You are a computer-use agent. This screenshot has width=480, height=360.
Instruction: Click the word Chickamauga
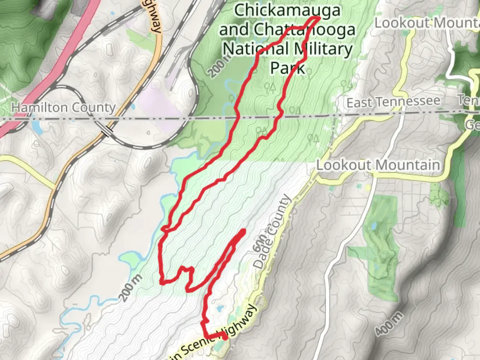click(x=287, y=11)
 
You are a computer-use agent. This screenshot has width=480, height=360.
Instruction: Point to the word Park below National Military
click(x=287, y=68)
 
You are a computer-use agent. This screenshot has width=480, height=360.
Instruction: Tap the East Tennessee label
click(x=393, y=102)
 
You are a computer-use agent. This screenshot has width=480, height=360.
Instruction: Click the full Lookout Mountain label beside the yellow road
click(x=378, y=165)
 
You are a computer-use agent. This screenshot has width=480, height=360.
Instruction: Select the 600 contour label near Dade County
click(x=259, y=243)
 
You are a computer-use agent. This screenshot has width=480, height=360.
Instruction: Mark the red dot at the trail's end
click(x=225, y=337)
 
